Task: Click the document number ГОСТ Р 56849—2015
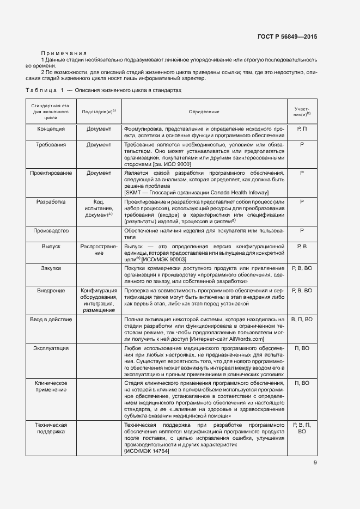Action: (286, 37)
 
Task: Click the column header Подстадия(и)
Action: (98, 112)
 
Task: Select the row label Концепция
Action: (51, 129)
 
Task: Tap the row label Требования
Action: (51, 145)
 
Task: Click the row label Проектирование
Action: (51, 173)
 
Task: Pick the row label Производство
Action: (51, 231)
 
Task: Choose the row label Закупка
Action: (51, 268)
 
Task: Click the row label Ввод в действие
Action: (51, 319)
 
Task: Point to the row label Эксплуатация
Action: (51, 347)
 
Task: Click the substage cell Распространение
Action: (99, 250)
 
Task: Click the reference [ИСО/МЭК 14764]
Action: (147, 451)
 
